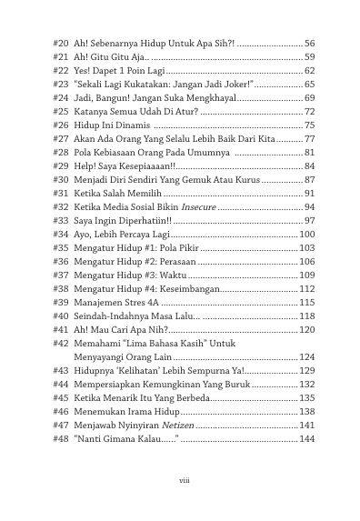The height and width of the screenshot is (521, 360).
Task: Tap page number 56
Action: point(309,44)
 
